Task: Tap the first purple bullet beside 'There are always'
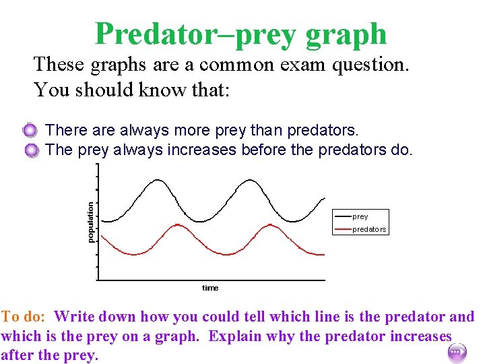pos(30,130)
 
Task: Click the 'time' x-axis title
pos(210,288)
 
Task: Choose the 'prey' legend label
pos(360,216)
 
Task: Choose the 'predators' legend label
pos(369,229)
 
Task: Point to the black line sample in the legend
pos(342,216)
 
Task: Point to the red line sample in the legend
pos(342,229)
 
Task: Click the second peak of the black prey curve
pos(251,180)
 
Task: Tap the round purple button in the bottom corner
pos(455,351)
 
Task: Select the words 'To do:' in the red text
pos(24,316)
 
